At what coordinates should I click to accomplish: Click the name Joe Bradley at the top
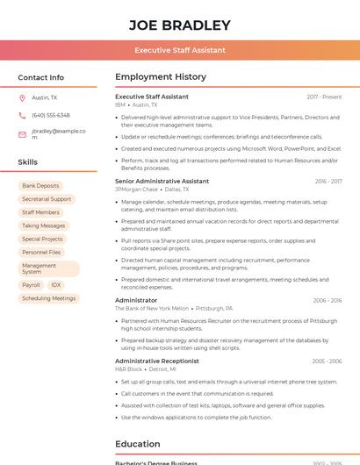click(x=179, y=25)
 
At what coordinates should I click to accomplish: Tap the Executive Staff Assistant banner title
click(x=179, y=50)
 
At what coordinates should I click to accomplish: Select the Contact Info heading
click(x=40, y=77)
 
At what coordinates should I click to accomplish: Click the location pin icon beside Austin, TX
click(x=22, y=97)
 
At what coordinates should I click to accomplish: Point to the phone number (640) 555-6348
click(x=51, y=115)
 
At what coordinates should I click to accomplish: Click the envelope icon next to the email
click(x=22, y=134)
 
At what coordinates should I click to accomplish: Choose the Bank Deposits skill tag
click(x=40, y=186)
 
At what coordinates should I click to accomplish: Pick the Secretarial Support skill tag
click(x=47, y=199)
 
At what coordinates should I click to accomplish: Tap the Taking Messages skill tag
click(x=44, y=225)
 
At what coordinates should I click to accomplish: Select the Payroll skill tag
click(x=31, y=285)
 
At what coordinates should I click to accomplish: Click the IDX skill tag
click(x=56, y=285)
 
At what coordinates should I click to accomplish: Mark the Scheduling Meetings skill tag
click(x=49, y=298)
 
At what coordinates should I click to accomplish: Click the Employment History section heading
click(x=161, y=77)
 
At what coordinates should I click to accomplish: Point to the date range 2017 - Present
click(x=324, y=97)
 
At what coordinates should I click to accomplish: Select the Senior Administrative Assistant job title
click(x=162, y=181)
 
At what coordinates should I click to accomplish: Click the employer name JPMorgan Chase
click(x=136, y=189)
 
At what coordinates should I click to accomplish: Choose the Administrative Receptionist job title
click(x=157, y=361)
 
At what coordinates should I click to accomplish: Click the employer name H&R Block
click(x=128, y=369)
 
